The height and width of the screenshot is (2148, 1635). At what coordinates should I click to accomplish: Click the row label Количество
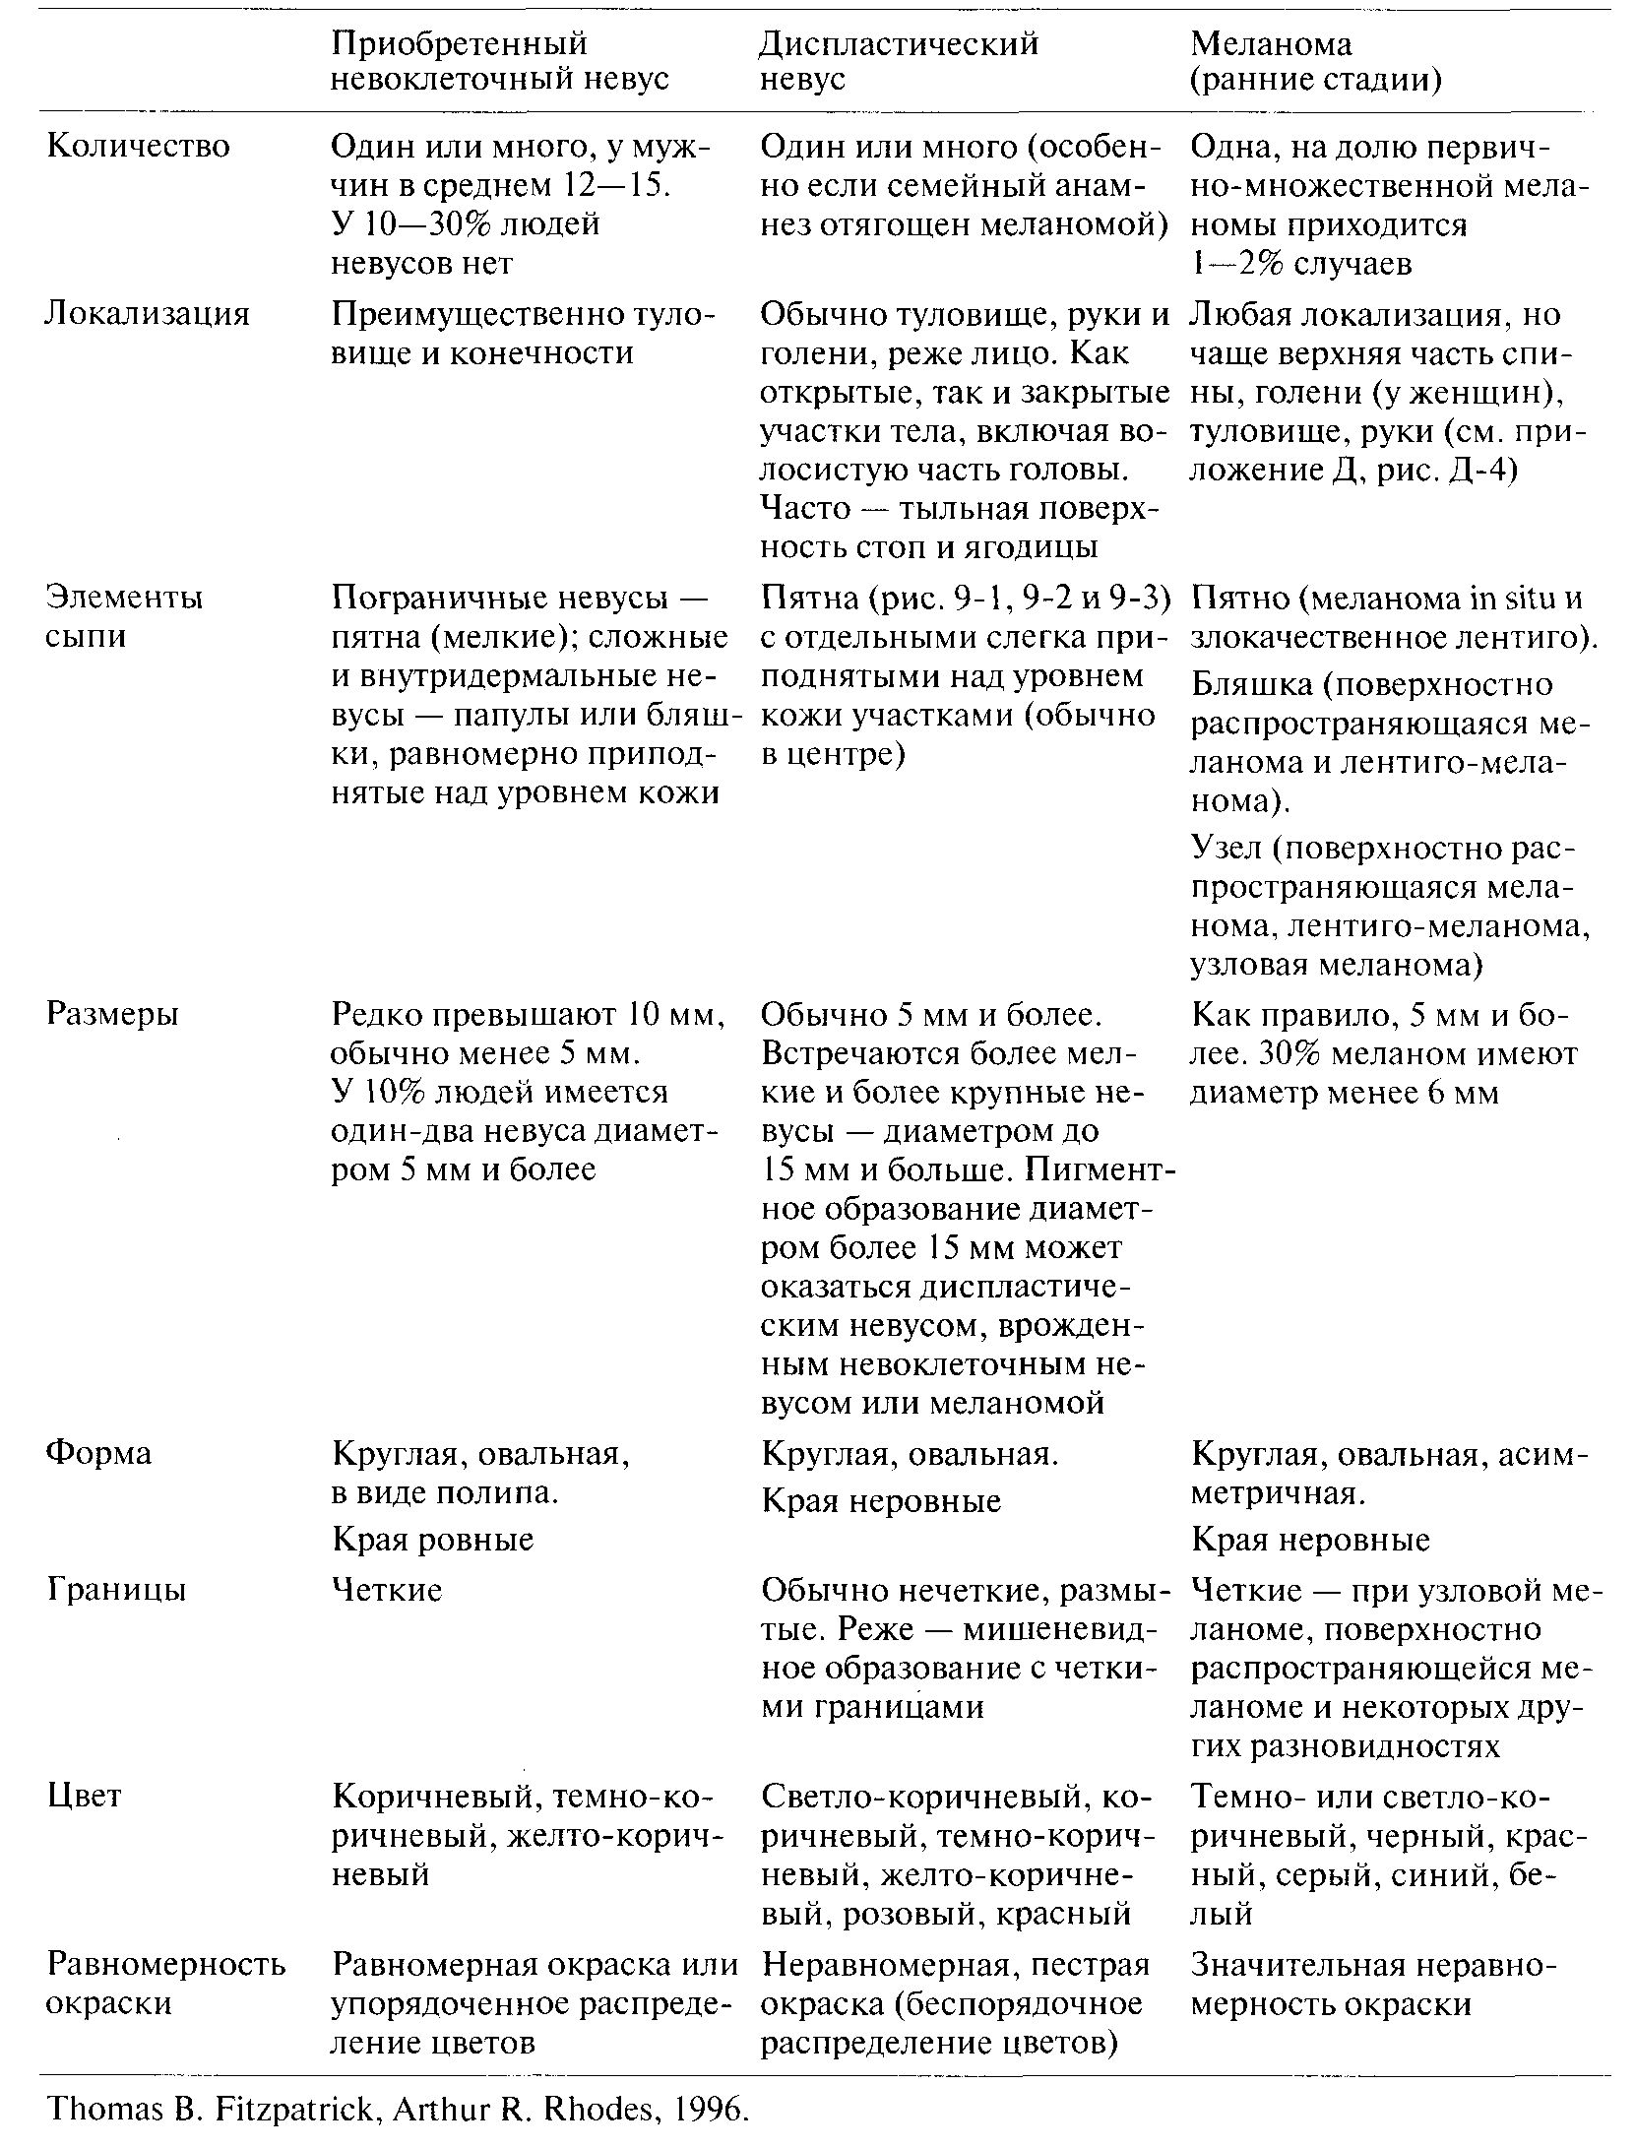click(x=138, y=147)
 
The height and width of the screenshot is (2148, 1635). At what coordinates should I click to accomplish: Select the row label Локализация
click(x=148, y=314)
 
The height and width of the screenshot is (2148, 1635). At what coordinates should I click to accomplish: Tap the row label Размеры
click(x=112, y=1014)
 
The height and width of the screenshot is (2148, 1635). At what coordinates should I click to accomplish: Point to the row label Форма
click(x=98, y=1454)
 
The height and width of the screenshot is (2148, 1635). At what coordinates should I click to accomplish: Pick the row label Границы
click(x=115, y=1590)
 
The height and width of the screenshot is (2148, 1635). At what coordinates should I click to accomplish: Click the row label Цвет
click(x=84, y=1796)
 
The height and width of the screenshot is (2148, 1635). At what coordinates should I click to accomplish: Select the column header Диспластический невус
click(x=900, y=61)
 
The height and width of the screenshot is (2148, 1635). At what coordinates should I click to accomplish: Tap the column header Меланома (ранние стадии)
click(x=1315, y=61)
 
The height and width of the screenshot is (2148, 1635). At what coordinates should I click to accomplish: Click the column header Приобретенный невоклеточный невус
click(x=499, y=61)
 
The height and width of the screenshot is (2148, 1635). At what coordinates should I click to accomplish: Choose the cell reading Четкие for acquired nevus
click(x=387, y=1590)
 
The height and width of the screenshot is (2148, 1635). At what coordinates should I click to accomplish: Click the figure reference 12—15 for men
click(x=616, y=186)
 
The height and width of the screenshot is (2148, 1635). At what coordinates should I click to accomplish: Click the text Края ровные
click(x=432, y=1539)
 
